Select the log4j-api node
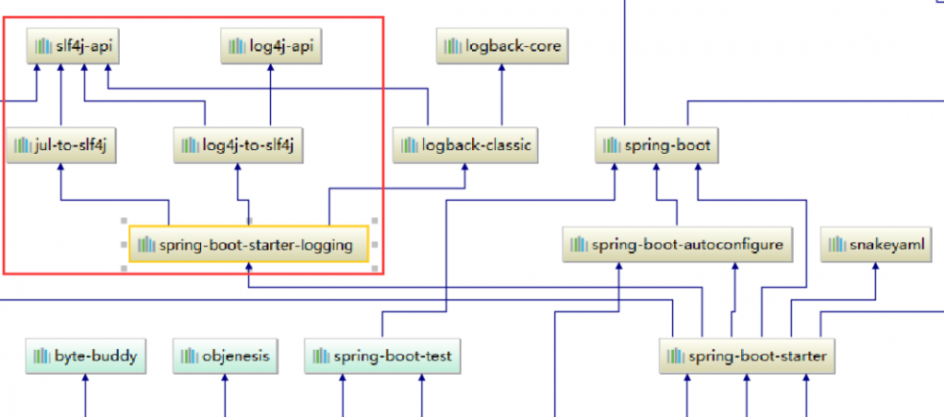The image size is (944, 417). (272, 45)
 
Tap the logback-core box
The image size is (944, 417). (503, 45)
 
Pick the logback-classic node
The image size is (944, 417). (465, 145)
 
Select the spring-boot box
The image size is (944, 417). (656, 145)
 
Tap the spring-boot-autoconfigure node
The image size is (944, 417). (676, 245)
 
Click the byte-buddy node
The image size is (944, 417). (86, 357)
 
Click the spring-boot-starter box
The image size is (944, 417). (747, 357)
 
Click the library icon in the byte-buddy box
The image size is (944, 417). (42, 357)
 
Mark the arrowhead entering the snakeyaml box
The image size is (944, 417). (875, 267)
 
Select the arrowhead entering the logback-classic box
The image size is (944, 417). (465, 167)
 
